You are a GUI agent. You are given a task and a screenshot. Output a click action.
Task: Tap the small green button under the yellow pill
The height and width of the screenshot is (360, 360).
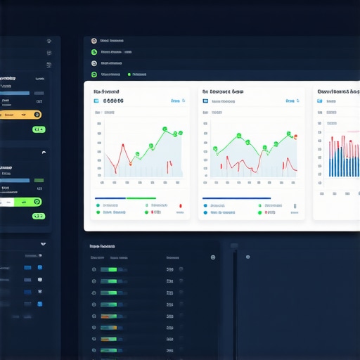(39, 129)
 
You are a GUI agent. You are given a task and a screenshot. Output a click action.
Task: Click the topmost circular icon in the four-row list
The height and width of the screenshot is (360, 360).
(94, 41)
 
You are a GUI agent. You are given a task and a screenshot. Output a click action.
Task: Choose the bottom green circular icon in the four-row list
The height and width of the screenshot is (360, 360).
(94, 74)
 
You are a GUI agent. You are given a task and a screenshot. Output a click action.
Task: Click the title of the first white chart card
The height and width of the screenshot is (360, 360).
(106, 91)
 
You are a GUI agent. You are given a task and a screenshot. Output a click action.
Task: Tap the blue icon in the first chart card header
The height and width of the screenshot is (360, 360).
(96, 101)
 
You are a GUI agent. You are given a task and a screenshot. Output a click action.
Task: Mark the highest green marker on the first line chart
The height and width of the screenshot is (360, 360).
(165, 129)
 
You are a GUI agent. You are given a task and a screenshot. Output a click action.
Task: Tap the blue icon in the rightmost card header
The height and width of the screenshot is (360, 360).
(320, 101)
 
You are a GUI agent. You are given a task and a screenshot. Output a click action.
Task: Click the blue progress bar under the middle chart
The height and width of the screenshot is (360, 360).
(236, 198)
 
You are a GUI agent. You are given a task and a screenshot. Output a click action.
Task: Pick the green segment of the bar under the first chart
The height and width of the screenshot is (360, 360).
(141, 198)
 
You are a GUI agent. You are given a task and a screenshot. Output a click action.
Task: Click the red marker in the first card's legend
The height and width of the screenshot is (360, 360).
(180, 205)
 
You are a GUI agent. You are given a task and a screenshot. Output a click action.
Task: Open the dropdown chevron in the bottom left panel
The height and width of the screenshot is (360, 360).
(43, 244)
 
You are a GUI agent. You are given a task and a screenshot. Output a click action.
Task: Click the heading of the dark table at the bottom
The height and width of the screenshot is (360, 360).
(103, 247)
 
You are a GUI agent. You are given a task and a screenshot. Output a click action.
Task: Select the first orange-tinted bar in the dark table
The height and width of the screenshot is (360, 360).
(108, 316)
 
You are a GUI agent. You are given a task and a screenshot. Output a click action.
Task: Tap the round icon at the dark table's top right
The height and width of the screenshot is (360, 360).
(213, 257)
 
